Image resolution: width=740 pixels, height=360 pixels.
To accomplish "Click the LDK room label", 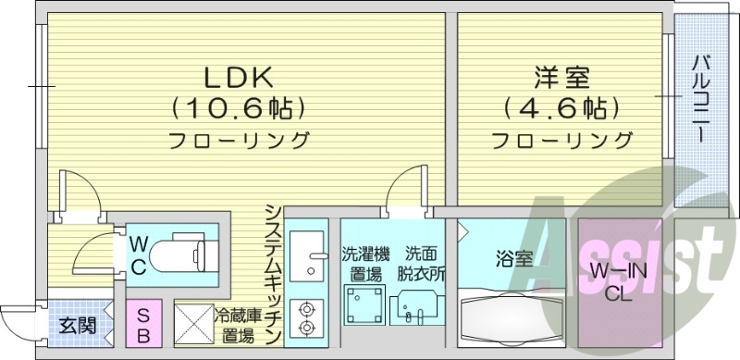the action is pos(237,75).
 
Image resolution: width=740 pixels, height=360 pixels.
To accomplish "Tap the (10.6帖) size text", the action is pos(238,109).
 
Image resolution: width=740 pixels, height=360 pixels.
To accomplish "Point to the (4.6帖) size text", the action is pos(561,109).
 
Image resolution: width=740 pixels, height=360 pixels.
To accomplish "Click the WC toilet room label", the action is pos(138,254).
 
